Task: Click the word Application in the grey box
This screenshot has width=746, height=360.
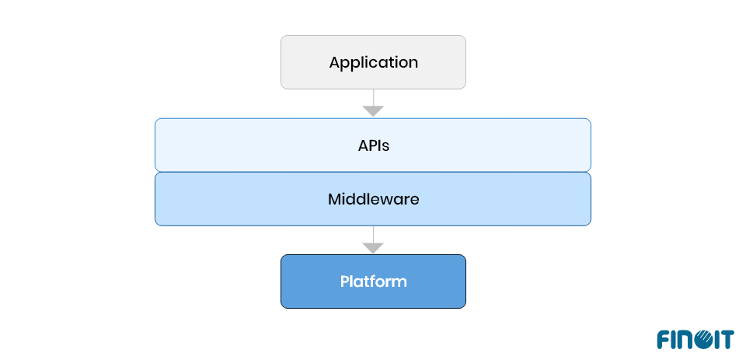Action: click(x=373, y=62)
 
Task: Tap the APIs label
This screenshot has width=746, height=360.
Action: click(x=373, y=145)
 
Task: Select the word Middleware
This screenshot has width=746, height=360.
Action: click(x=373, y=199)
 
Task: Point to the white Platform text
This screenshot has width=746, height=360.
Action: click(x=373, y=281)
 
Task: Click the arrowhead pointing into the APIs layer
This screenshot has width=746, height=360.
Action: click(x=373, y=111)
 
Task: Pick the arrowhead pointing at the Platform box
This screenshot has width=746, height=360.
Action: click(x=373, y=248)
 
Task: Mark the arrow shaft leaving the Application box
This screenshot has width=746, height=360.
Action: click(x=373, y=97)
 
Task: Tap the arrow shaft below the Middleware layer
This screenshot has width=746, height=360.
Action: click(x=373, y=234)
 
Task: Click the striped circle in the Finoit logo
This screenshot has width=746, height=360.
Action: click(x=700, y=339)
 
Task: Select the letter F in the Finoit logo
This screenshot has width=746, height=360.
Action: click(x=663, y=339)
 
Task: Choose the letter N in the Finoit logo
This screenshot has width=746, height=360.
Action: click(x=684, y=339)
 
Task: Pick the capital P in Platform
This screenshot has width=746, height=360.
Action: click(x=344, y=281)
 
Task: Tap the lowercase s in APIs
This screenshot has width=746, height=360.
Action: click(x=385, y=145)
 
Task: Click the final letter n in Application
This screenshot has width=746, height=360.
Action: click(x=413, y=63)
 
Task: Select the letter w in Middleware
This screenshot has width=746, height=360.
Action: click(x=385, y=200)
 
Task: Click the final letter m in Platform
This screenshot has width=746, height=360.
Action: click(x=400, y=282)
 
